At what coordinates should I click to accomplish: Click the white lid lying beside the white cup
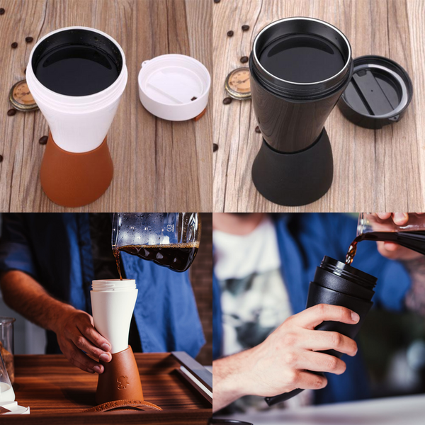174,86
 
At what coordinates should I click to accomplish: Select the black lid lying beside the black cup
375,91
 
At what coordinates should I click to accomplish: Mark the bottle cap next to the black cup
238,83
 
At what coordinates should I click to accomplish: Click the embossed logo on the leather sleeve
123,382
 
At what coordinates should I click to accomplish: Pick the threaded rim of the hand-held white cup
113,285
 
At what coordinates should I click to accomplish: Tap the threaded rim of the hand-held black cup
347,271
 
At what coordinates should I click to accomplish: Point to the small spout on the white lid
147,64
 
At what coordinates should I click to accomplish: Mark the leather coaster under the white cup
125,406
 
